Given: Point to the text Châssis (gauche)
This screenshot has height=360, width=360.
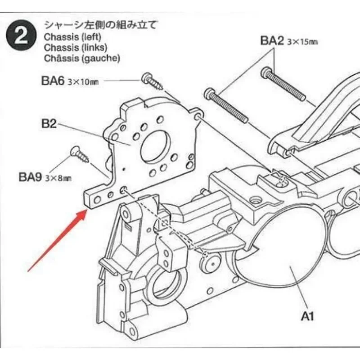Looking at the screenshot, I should pos(82,58).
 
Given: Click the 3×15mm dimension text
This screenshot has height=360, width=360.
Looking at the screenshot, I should pos(302,41).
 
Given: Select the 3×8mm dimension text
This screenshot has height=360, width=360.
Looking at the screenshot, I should pos(58,177).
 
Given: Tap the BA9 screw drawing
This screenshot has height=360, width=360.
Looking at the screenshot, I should pos(79,154).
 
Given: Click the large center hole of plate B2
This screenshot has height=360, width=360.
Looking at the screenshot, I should pos(155,147).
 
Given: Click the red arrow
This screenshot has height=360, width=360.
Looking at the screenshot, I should pos(56,241).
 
